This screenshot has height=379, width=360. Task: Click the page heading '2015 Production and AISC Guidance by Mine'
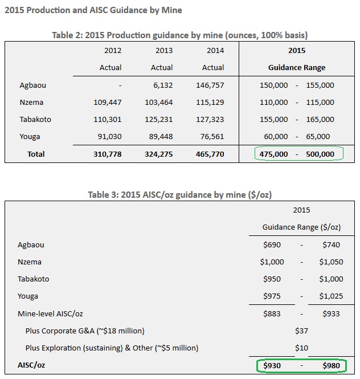93,10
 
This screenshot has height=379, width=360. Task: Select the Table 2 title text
179,35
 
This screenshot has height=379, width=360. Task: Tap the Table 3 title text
179,195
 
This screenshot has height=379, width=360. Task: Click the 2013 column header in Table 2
164,51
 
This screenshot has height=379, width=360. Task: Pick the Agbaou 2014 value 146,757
211,85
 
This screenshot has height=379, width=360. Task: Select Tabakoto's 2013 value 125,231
159,120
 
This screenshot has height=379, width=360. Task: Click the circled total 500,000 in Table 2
319,154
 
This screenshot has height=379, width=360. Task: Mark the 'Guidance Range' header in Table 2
297,68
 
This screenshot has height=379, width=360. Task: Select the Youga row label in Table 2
30,137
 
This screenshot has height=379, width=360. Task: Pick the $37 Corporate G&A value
301,331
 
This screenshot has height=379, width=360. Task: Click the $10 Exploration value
301,348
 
